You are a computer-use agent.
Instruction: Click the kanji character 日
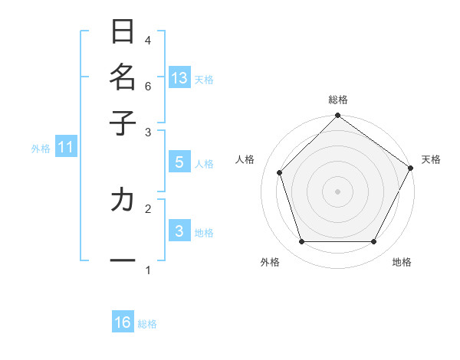(123, 32)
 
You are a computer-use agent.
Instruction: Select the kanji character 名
(123, 77)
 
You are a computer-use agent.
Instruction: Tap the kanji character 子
(123, 123)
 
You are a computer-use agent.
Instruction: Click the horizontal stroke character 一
(123, 260)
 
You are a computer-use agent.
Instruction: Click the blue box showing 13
(179, 78)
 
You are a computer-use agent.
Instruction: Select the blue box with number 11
(65, 147)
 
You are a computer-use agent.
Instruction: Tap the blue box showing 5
(179, 162)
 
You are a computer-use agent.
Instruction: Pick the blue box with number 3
(179, 231)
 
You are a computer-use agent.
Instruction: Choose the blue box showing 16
(123, 322)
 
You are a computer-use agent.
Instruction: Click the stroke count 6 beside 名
(148, 87)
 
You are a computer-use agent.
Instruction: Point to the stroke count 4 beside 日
(148, 40)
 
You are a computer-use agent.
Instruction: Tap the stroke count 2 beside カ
(148, 207)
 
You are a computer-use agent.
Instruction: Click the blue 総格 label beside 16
(147, 324)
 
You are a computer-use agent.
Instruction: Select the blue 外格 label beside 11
(41, 149)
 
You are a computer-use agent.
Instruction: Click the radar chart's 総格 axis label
(337, 100)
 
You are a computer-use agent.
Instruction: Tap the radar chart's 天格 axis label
(431, 159)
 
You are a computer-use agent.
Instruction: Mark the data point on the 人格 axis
(280, 172)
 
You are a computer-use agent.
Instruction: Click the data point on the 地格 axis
(374, 242)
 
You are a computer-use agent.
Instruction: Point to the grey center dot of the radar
(337, 191)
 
